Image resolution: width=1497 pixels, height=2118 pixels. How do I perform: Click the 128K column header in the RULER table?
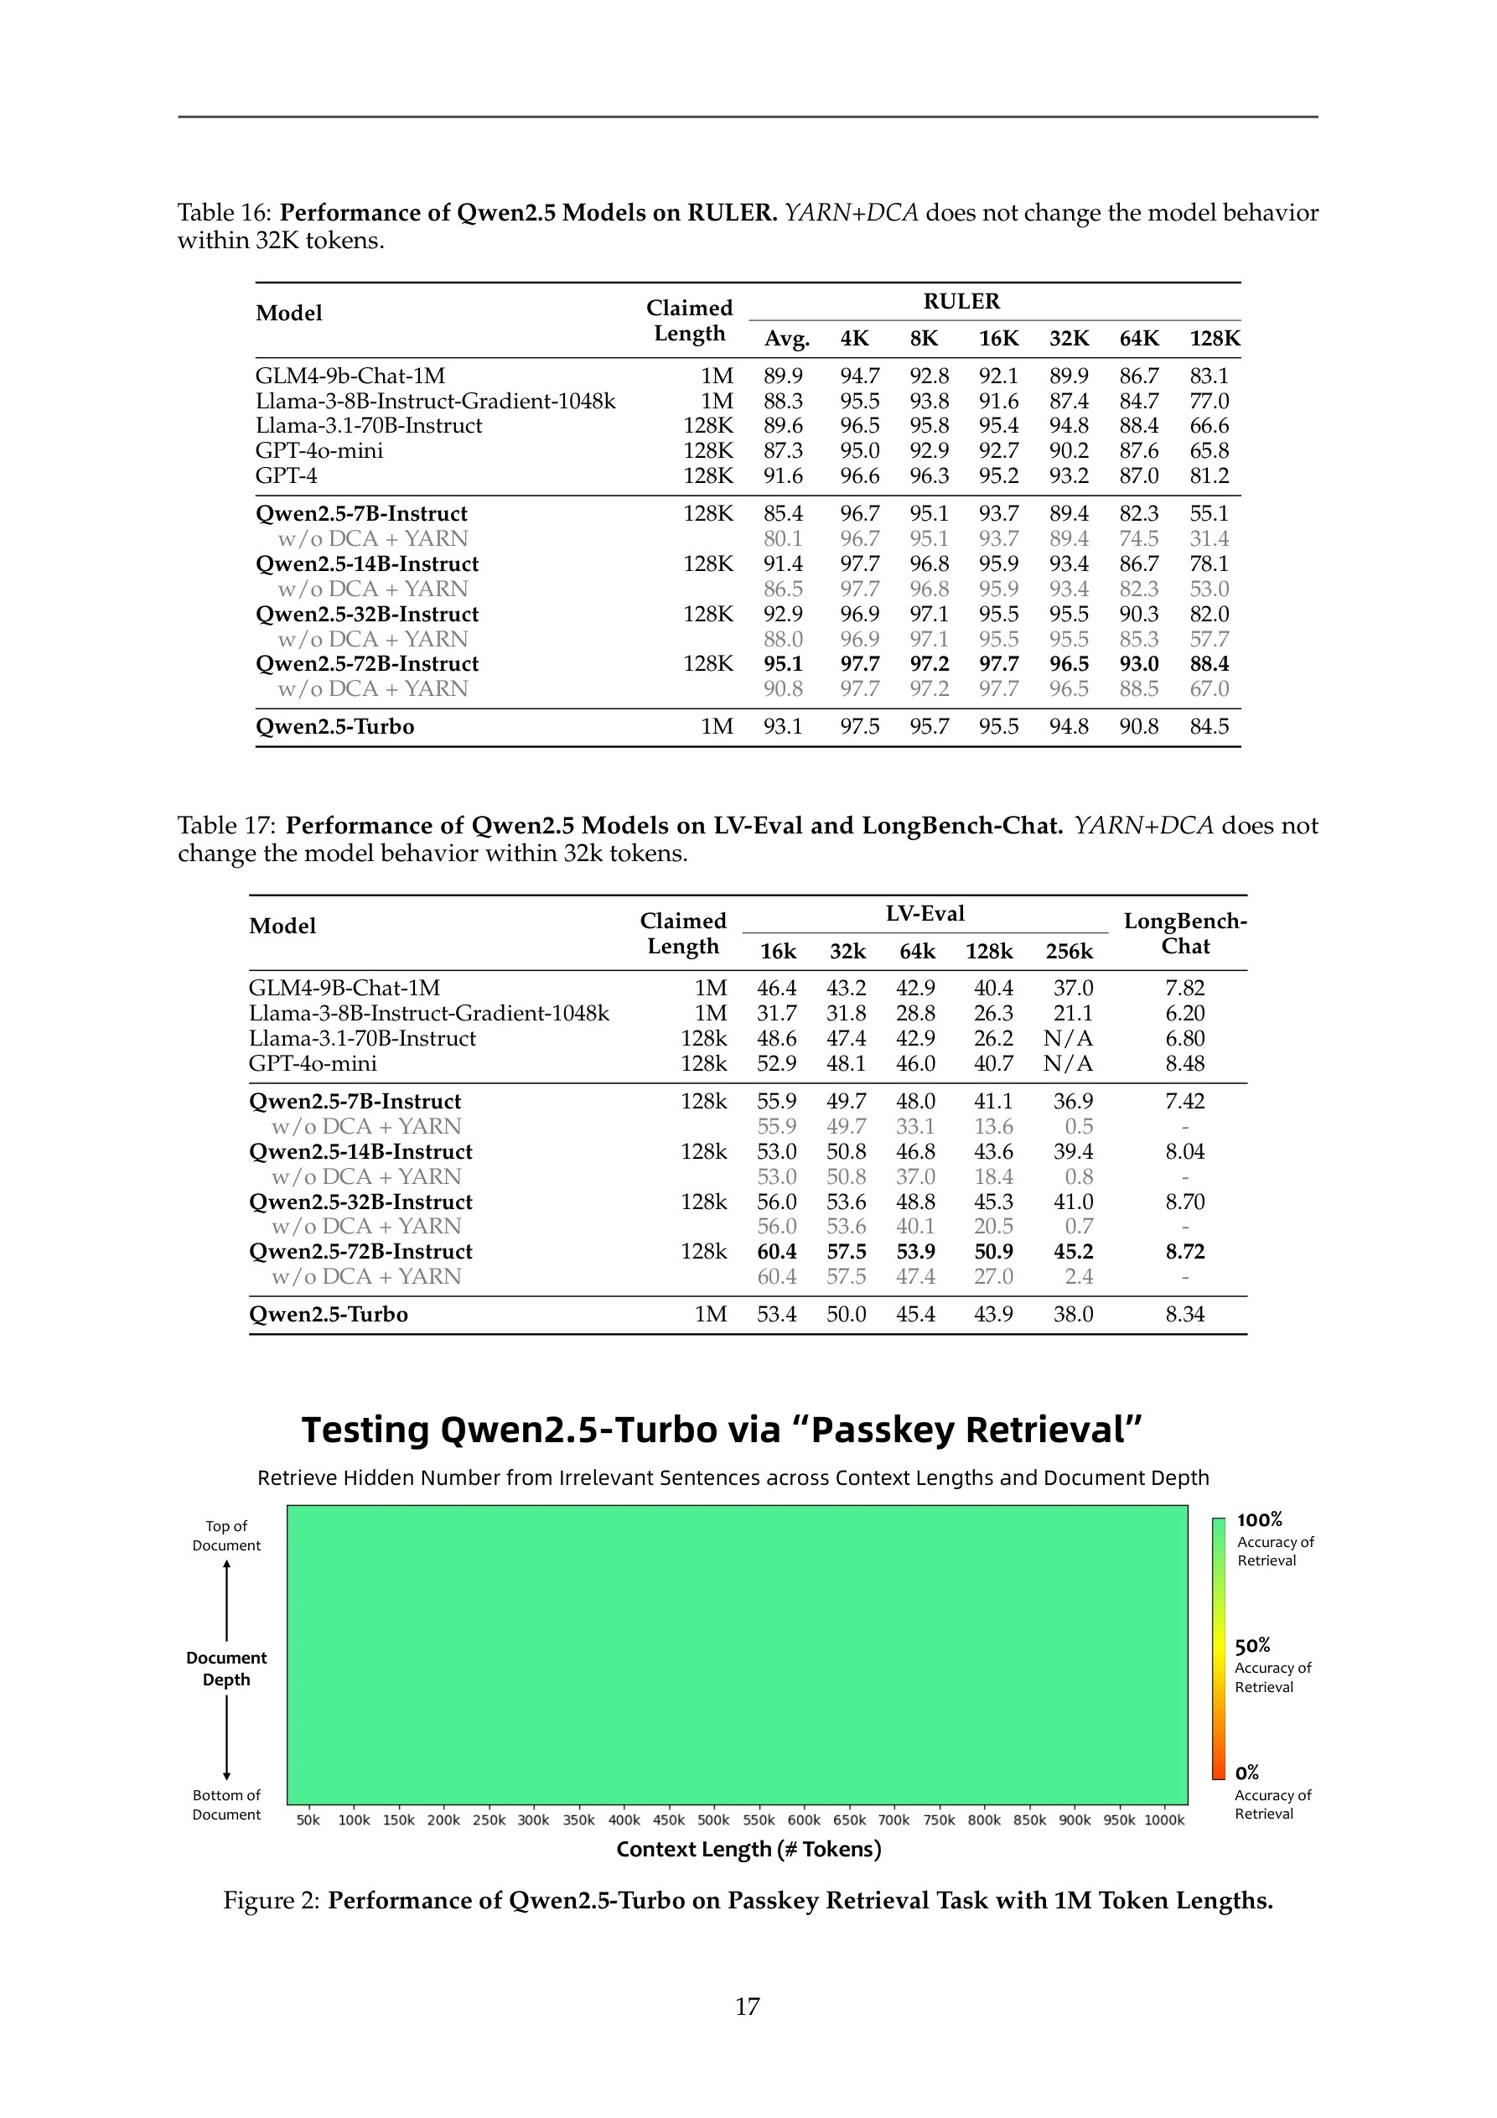click(1214, 339)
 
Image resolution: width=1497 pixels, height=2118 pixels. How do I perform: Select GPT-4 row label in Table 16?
click(286, 476)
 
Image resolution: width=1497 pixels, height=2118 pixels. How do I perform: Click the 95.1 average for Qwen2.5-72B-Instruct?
click(782, 664)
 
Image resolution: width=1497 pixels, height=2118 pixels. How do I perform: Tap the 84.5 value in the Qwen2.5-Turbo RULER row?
click(1209, 727)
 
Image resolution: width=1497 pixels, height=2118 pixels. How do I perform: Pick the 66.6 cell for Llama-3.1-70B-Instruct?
click(1209, 426)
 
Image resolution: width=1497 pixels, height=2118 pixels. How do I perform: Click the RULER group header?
click(961, 302)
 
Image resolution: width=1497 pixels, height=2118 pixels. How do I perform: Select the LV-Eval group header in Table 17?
click(925, 914)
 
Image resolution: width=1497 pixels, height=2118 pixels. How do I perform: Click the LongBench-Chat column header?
click(1184, 933)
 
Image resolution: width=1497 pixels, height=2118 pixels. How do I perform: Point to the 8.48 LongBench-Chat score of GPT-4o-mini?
click(1184, 1064)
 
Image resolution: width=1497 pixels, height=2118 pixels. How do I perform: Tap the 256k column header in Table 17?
click(1068, 951)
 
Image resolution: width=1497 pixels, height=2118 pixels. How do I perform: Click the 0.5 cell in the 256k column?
click(1078, 1126)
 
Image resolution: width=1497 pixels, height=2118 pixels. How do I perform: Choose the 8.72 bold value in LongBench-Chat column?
click(1184, 1252)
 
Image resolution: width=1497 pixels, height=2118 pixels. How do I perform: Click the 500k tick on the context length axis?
click(713, 1820)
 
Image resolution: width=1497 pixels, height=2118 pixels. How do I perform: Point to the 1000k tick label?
click(1164, 1820)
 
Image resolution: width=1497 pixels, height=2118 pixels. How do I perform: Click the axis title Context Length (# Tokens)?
click(748, 1849)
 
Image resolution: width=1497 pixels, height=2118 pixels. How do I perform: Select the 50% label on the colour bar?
click(1252, 1646)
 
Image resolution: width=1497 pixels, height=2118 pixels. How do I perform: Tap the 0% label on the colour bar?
click(1247, 1772)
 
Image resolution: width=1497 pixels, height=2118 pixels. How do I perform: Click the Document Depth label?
click(226, 1669)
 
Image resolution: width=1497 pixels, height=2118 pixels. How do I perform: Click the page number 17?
click(747, 2006)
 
